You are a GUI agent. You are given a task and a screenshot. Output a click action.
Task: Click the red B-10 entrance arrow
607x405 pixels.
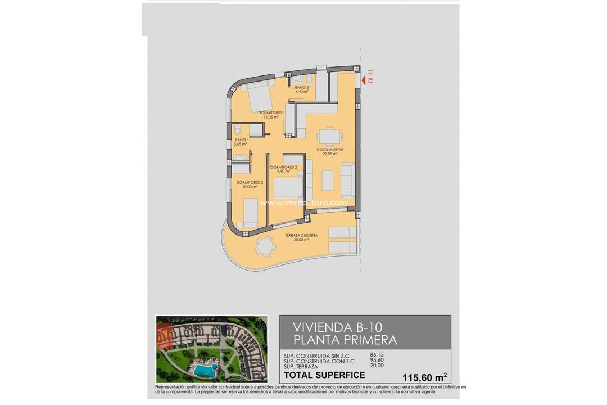point(364,80)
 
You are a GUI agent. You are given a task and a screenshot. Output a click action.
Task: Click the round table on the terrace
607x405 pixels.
point(264,245)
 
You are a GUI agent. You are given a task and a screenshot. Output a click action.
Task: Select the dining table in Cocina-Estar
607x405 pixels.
point(327,137)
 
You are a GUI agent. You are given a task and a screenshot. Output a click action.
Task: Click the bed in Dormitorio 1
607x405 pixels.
point(258,97)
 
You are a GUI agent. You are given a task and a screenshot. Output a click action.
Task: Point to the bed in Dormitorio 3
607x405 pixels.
point(250,212)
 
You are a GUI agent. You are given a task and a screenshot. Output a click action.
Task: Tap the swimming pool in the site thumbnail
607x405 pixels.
point(205,370)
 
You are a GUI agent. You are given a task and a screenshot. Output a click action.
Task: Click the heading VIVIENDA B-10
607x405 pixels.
point(338,327)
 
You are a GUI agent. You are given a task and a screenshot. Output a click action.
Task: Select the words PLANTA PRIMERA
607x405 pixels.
point(345,340)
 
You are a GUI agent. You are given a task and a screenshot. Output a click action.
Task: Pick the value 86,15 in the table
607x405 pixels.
point(377,355)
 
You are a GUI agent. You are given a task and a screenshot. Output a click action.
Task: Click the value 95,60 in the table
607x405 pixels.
point(377,361)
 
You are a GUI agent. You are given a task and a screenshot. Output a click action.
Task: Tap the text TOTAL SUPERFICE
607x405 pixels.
point(324,375)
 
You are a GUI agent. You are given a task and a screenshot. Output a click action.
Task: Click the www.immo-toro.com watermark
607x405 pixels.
point(303,202)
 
